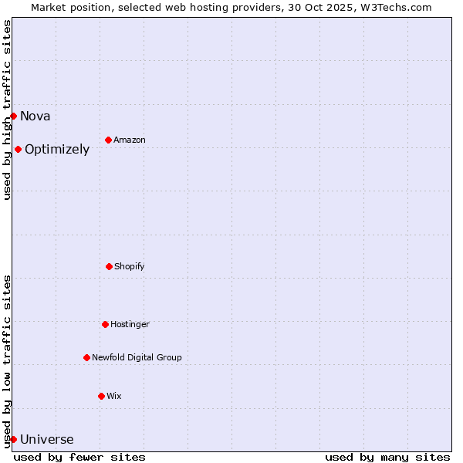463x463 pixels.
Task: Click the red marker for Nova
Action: (13, 116)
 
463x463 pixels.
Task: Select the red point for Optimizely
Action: (18, 149)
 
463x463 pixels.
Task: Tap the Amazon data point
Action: (108, 140)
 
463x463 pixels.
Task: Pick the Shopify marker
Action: (109, 266)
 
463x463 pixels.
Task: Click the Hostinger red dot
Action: (105, 324)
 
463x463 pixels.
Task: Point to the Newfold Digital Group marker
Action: (86, 357)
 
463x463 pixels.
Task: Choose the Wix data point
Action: (101, 396)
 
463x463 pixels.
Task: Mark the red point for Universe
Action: (13, 439)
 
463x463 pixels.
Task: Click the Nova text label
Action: (35, 117)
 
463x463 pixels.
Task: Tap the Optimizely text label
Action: (57, 150)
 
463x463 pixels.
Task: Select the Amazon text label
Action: (130, 140)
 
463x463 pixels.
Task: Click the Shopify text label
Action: (130, 267)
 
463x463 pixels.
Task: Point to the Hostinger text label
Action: (130, 325)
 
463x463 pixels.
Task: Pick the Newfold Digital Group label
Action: (137, 358)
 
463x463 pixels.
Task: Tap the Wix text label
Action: (114, 397)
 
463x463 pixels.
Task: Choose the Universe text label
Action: (47, 440)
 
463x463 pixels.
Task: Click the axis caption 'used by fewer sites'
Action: (79, 457)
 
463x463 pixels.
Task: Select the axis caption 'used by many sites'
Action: (387, 457)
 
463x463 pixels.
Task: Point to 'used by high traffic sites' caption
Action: (7, 110)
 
